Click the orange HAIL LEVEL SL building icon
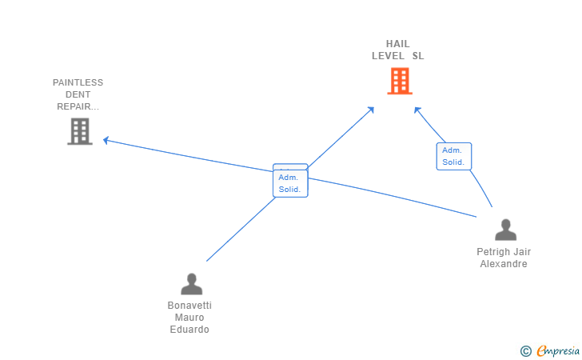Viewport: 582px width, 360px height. pyautogui.click(x=399, y=81)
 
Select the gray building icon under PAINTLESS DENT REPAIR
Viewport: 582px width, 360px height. pyautogui.click(x=80, y=131)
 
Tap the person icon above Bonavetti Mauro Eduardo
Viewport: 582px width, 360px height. pyautogui.click(x=191, y=284)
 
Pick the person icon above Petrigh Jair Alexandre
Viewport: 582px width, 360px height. pyautogui.click(x=505, y=230)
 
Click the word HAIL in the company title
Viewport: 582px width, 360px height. pyautogui.click(x=397, y=44)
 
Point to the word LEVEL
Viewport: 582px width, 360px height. pyautogui.click(x=388, y=56)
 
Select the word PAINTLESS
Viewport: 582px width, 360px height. pyautogui.click(x=78, y=82)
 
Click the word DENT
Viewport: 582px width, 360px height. pyautogui.click(x=78, y=94)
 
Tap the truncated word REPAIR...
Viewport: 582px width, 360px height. pyautogui.click(x=78, y=106)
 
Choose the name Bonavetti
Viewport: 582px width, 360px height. pyautogui.click(x=189, y=306)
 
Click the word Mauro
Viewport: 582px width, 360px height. pyautogui.click(x=189, y=318)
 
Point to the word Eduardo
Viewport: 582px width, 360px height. pyautogui.click(x=189, y=330)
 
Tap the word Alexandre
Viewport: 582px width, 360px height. pyautogui.click(x=504, y=264)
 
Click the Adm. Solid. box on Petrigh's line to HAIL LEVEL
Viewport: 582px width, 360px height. pyautogui.click(x=453, y=156)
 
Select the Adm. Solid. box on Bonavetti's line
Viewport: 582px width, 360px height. pyautogui.click(x=289, y=183)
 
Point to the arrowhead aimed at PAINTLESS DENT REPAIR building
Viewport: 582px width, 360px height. pyautogui.click(x=106, y=141)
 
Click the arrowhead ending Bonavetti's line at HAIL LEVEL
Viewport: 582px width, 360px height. pyautogui.click(x=371, y=109)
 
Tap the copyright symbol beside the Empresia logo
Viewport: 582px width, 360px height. pyautogui.click(x=525, y=350)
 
